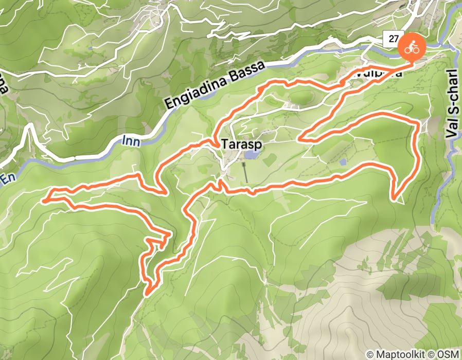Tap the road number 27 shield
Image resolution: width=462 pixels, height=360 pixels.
394,39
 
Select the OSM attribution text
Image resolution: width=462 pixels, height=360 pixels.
449,354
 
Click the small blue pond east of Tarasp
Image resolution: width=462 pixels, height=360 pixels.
343,162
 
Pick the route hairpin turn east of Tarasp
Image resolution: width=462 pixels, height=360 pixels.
300,139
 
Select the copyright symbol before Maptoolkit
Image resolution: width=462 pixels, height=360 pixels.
369,354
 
